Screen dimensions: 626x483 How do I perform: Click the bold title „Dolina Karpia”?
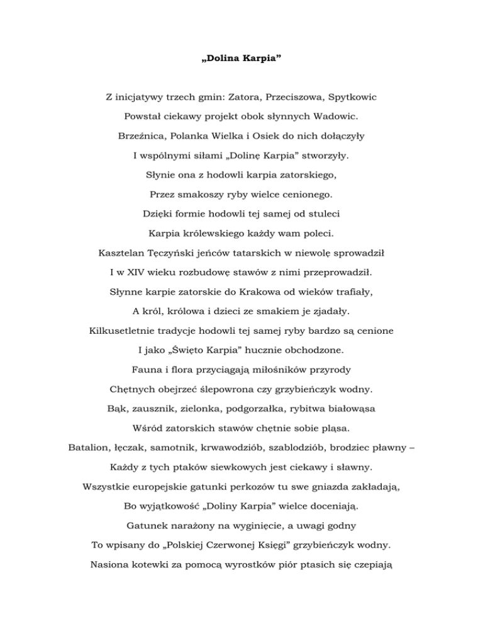[x=241, y=65]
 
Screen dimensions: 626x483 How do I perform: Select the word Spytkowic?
[x=353, y=99]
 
